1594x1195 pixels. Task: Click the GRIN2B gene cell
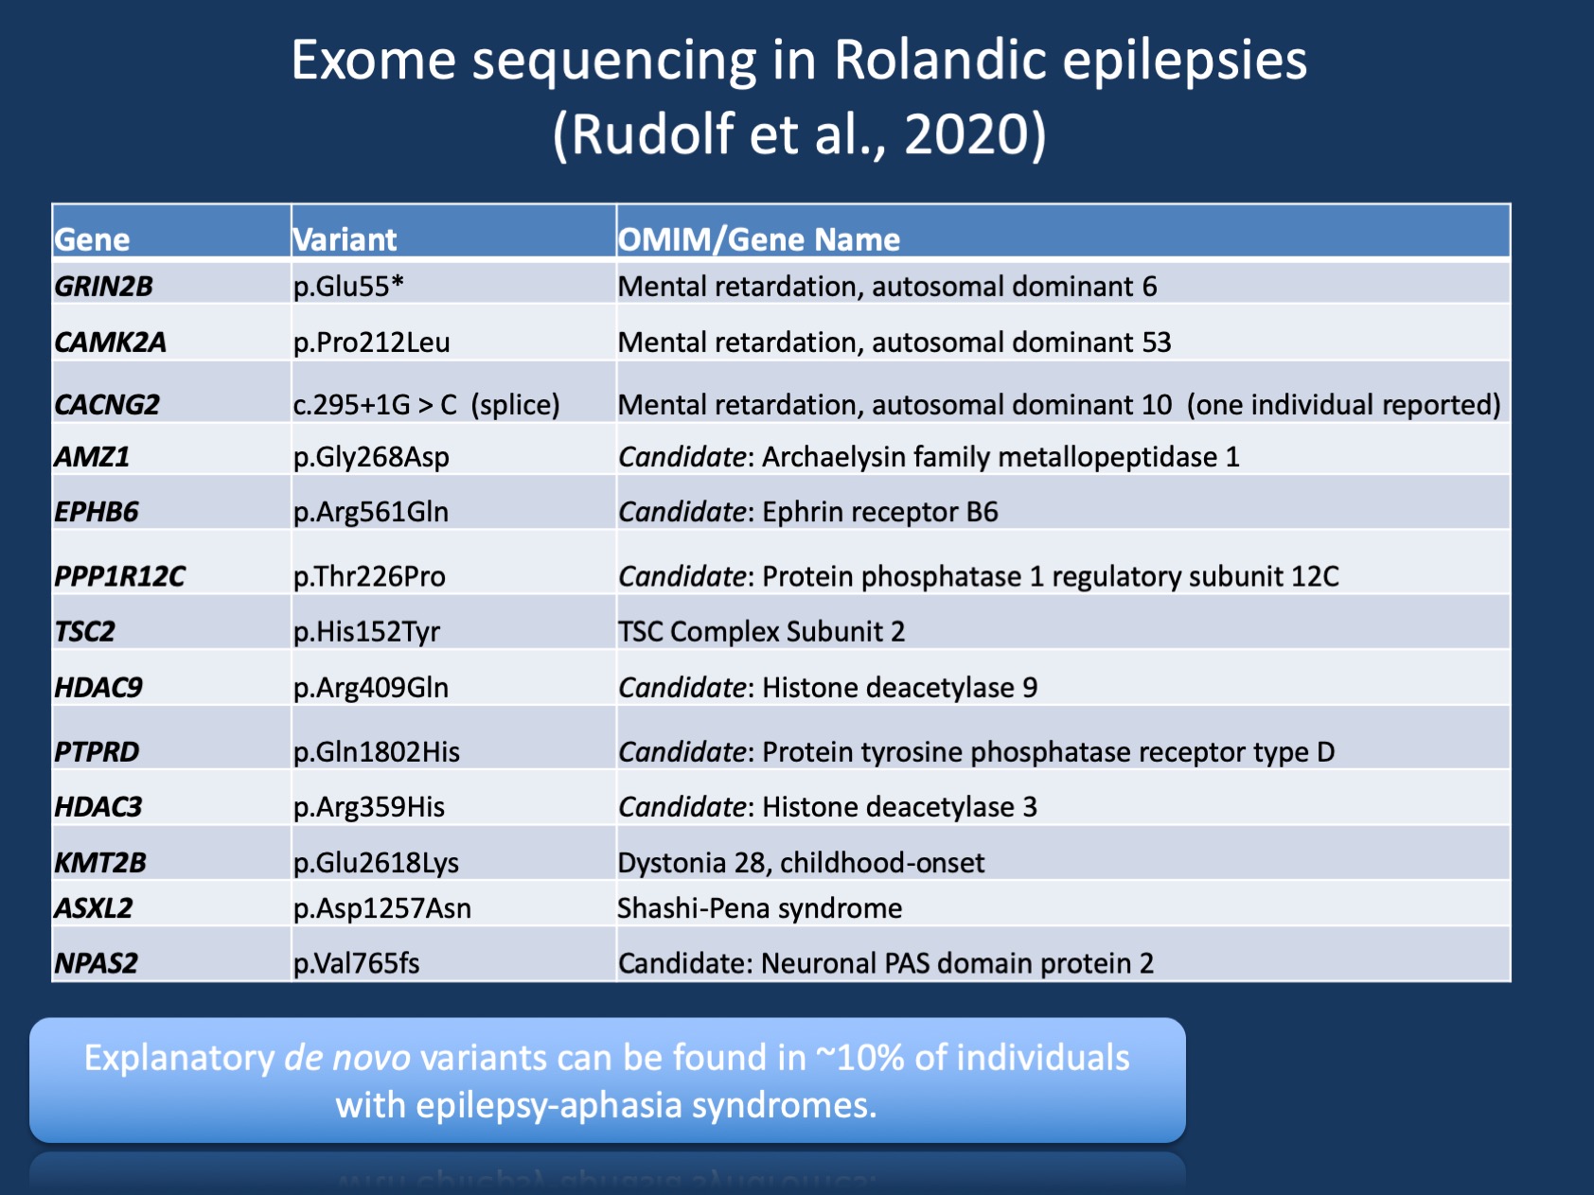click(x=103, y=286)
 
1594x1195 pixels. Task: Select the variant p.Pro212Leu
click(x=371, y=342)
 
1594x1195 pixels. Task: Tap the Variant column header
click(x=345, y=239)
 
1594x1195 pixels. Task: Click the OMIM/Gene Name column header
click(x=758, y=239)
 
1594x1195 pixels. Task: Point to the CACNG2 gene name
click(x=107, y=404)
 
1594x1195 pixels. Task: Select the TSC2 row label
click(x=84, y=631)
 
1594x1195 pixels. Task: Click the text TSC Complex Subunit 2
click(x=761, y=631)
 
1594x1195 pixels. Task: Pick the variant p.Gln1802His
click(x=376, y=751)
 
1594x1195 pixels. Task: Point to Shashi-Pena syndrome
click(x=759, y=908)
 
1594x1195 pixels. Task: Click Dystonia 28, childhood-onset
click(x=801, y=862)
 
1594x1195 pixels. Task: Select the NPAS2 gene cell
click(x=96, y=963)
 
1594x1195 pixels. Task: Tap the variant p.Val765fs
click(x=356, y=963)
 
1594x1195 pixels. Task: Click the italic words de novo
click(x=347, y=1058)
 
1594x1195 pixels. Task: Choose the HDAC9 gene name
click(x=98, y=687)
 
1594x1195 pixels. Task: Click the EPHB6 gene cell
click(x=96, y=512)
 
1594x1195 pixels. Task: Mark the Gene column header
click(x=92, y=239)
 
